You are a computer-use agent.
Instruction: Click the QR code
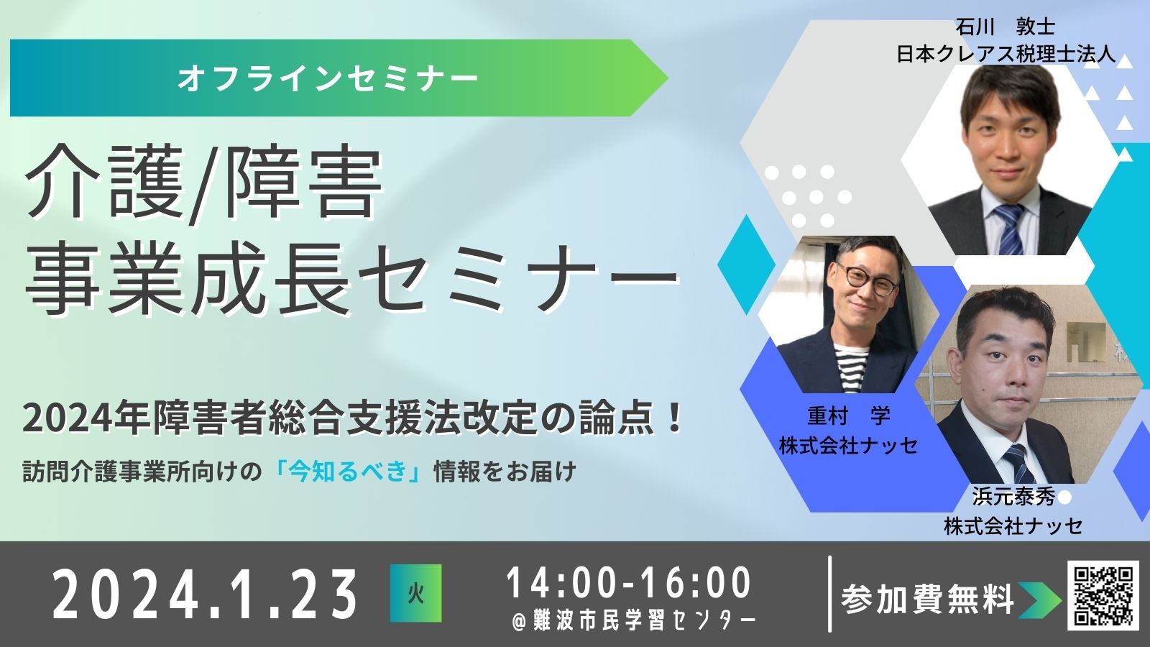click(1103, 596)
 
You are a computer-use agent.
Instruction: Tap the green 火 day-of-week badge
click(416, 593)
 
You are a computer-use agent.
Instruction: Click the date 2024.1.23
click(204, 594)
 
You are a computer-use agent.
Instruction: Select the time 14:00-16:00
click(628, 583)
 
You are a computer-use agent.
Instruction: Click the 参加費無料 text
click(927, 600)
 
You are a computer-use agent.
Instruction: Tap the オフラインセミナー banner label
click(328, 78)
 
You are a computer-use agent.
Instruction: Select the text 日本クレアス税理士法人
click(1006, 54)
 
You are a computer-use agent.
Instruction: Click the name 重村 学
click(849, 416)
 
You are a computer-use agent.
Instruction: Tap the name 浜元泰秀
click(1013, 497)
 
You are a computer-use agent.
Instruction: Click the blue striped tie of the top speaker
click(1009, 229)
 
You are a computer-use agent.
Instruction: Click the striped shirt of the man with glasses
click(851, 369)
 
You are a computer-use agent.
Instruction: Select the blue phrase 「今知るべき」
click(349, 472)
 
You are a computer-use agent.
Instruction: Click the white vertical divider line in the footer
click(830, 594)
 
